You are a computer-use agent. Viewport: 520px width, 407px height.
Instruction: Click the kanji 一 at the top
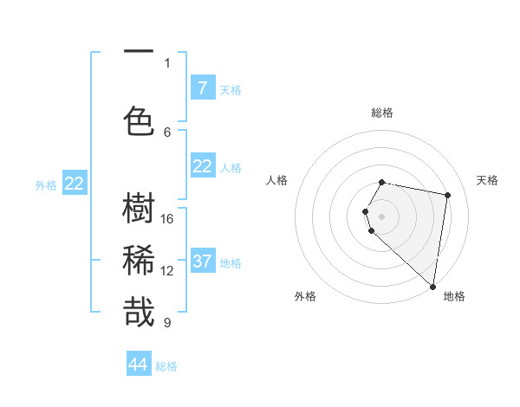[x=139, y=51]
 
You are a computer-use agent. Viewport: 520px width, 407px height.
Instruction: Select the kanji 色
[x=139, y=120]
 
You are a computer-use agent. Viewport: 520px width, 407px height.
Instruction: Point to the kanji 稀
[x=139, y=261]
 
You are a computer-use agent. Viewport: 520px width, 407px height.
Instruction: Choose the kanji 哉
[x=139, y=313]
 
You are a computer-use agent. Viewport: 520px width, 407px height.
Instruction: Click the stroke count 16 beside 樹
[x=167, y=219]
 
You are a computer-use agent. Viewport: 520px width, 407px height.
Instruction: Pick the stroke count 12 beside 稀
[x=167, y=271]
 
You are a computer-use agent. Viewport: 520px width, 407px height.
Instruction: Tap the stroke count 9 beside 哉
[x=167, y=323]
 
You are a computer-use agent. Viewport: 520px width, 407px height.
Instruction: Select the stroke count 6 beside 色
[x=167, y=132]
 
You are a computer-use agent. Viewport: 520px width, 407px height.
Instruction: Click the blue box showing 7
[x=202, y=87]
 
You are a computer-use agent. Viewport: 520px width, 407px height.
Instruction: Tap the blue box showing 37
[x=202, y=261]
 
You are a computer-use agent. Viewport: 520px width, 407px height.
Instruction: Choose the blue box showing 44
[x=139, y=365]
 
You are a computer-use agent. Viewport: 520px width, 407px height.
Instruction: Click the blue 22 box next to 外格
[x=75, y=183]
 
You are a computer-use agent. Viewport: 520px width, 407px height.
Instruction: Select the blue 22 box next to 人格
[x=202, y=166]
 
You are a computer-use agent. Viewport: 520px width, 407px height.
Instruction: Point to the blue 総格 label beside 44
[x=166, y=366]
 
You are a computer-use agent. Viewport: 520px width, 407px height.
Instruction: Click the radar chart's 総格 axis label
[x=382, y=113]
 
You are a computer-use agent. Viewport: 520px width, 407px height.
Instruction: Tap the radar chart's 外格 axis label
[x=305, y=296]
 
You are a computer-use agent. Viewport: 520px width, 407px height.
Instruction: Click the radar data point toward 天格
[x=447, y=196]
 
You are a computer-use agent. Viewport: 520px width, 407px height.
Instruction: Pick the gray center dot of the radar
[x=382, y=216]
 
